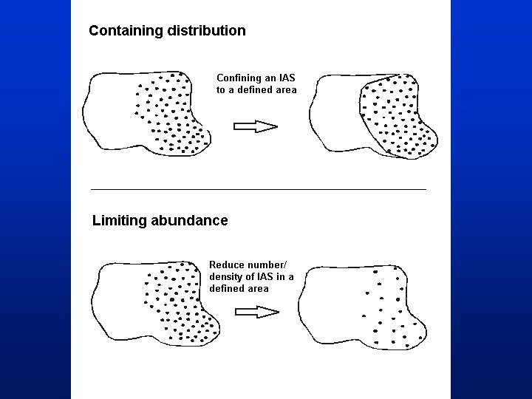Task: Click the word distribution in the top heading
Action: click(x=207, y=30)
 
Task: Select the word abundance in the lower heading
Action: click(x=189, y=220)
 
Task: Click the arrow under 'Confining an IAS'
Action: click(x=256, y=126)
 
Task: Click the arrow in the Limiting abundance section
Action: click(x=257, y=312)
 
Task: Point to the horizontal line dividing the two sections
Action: click(x=259, y=189)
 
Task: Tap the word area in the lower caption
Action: click(x=259, y=289)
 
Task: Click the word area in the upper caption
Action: click(x=287, y=91)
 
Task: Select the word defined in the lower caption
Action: click(x=226, y=289)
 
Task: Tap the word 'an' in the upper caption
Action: click(x=270, y=79)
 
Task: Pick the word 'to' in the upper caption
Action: click(x=220, y=90)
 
